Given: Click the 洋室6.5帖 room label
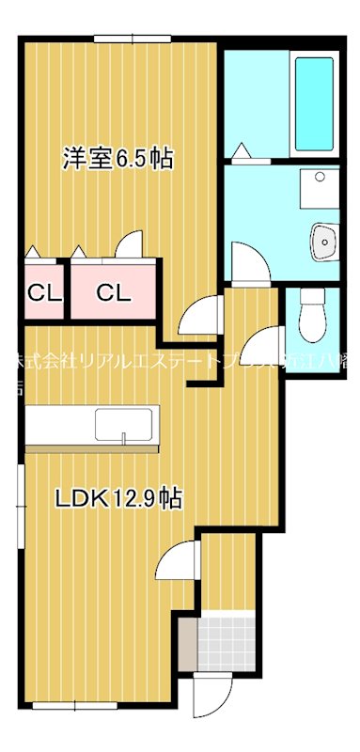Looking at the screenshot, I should [x=117, y=158].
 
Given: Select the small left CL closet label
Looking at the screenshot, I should [x=41, y=292].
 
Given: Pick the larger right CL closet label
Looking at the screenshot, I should [x=113, y=292].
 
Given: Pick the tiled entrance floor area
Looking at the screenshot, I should [x=229, y=640].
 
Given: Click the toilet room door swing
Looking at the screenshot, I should [x=267, y=344].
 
